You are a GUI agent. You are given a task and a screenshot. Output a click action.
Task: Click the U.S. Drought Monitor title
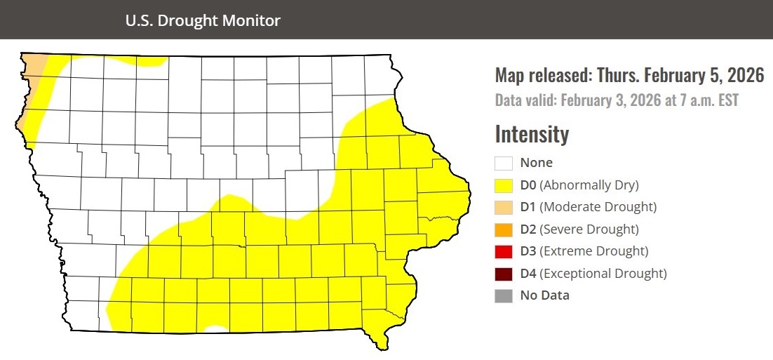click(x=203, y=20)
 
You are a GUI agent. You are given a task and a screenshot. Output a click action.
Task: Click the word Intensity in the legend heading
click(x=532, y=133)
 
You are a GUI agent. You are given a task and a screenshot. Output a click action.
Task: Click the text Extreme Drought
click(x=595, y=251)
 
